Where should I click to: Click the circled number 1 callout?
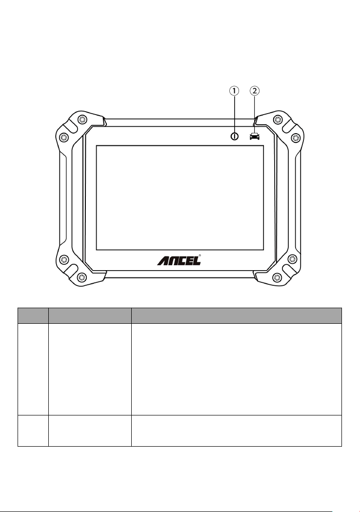click(x=234, y=91)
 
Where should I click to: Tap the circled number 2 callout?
click(x=255, y=91)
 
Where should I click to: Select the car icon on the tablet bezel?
click(x=255, y=136)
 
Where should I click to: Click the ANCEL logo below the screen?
click(x=179, y=260)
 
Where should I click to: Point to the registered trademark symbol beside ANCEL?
click(x=200, y=256)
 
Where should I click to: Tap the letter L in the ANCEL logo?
click(x=196, y=261)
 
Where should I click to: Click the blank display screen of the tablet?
click(x=180, y=198)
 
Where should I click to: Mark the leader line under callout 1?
click(x=234, y=114)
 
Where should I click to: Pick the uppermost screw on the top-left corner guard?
click(x=80, y=119)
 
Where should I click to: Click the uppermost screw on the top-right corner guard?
click(x=278, y=119)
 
